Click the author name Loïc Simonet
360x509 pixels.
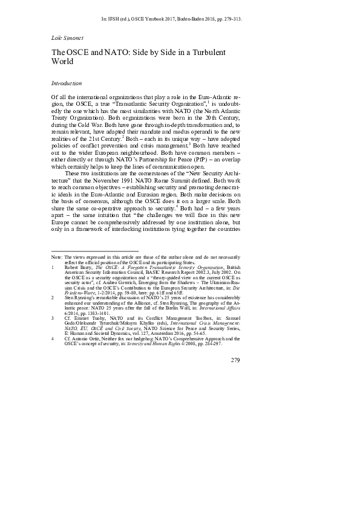coord(67,37)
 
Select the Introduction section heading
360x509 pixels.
coord(67,83)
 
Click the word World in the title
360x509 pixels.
coord(62,62)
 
